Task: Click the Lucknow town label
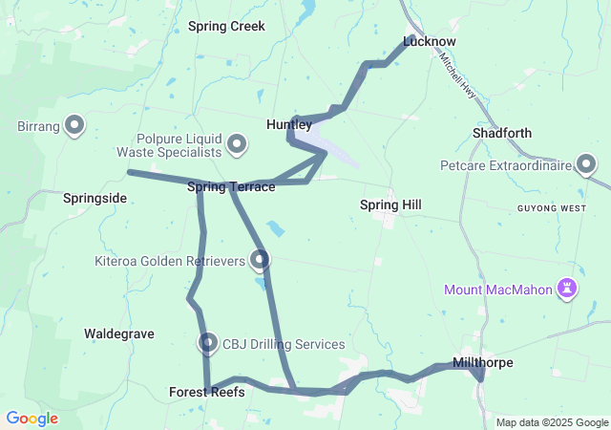(430, 42)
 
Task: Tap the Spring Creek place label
(226, 26)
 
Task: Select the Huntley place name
(288, 125)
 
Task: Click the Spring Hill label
(390, 204)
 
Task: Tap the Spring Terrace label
(231, 186)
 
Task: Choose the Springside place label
(95, 198)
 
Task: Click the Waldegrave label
(119, 333)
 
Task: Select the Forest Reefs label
(200, 392)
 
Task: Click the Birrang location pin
(74, 125)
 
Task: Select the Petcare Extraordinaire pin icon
(586, 164)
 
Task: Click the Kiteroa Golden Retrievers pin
(260, 259)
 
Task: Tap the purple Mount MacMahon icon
(568, 288)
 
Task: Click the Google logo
(32, 419)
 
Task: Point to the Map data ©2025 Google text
(551, 422)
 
